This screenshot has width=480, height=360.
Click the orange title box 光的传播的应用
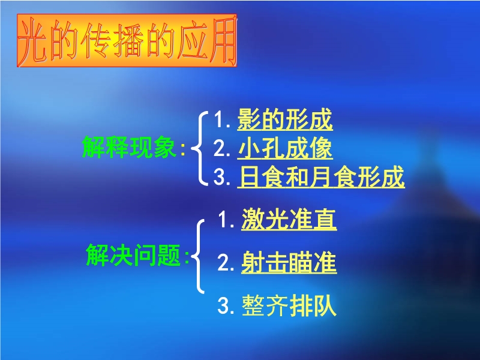(x=127, y=40)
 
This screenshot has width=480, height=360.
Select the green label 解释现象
(x=129, y=147)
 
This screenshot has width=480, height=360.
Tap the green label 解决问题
(x=133, y=255)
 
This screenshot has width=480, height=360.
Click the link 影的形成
(x=284, y=119)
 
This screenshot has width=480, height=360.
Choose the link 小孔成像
(x=284, y=148)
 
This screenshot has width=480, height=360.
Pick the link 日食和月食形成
(x=321, y=176)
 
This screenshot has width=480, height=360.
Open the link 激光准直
(x=289, y=219)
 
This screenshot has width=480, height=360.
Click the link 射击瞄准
(x=289, y=263)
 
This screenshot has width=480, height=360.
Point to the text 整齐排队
(x=289, y=305)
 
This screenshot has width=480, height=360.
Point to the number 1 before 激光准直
(x=224, y=220)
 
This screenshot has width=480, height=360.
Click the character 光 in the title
(x=33, y=40)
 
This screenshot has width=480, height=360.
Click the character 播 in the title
(x=128, y=40)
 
